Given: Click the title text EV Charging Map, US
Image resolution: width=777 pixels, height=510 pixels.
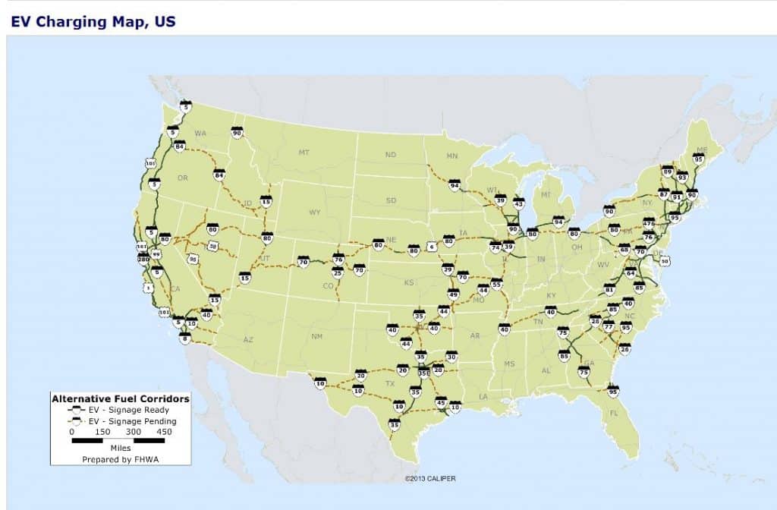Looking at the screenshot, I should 93,21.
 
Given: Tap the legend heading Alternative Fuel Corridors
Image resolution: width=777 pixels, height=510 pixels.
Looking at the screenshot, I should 120,398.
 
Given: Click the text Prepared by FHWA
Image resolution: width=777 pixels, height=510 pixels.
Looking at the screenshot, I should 119,459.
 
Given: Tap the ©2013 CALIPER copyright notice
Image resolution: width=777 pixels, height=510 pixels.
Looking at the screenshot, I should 430,478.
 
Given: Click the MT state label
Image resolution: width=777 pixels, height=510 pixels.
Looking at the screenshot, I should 304,153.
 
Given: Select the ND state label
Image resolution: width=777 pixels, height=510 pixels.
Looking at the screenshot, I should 390,155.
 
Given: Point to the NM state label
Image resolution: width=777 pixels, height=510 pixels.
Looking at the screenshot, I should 317,335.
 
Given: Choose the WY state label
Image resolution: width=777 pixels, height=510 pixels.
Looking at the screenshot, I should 314,212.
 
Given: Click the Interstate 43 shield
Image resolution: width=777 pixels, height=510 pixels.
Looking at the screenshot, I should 519,203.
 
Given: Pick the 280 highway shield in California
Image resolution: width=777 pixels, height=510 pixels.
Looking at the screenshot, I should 143,260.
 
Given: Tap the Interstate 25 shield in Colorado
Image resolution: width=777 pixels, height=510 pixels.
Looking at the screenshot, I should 338,272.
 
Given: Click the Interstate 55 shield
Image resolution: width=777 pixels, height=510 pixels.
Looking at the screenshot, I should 497,284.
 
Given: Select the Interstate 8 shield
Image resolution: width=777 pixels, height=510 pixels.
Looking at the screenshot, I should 184,339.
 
